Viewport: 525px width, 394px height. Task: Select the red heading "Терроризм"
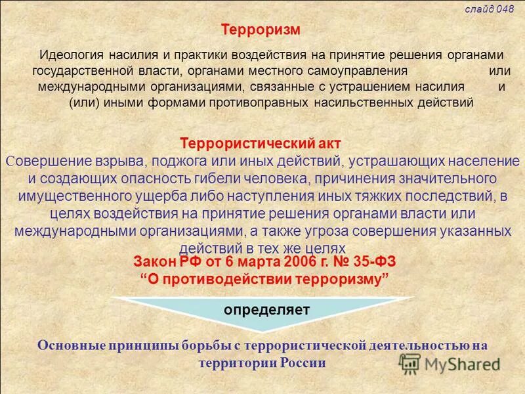click(261, 30)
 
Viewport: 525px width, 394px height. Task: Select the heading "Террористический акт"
click(261, 143)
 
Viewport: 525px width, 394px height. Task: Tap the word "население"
click(480, 160)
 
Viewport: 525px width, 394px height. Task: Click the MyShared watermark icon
click(409, 364)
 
